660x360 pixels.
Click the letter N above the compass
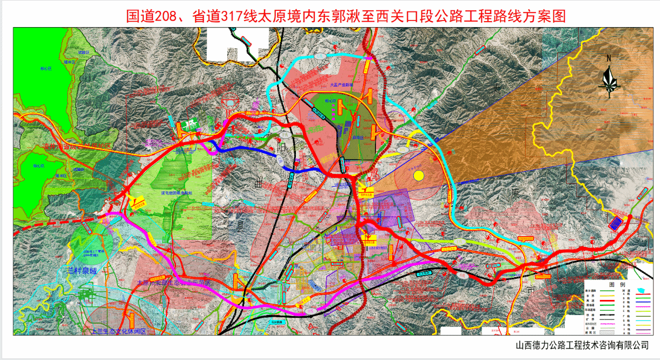tap(609, 58)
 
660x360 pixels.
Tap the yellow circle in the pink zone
tap(418, 175)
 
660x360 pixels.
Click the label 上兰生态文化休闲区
tap(116, 331)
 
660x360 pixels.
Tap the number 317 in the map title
tap(227, 16)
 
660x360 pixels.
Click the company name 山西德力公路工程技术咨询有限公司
tap(582, 345)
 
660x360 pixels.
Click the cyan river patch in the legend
tap(643, 291)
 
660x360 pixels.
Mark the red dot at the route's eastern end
tap(629, 218)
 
